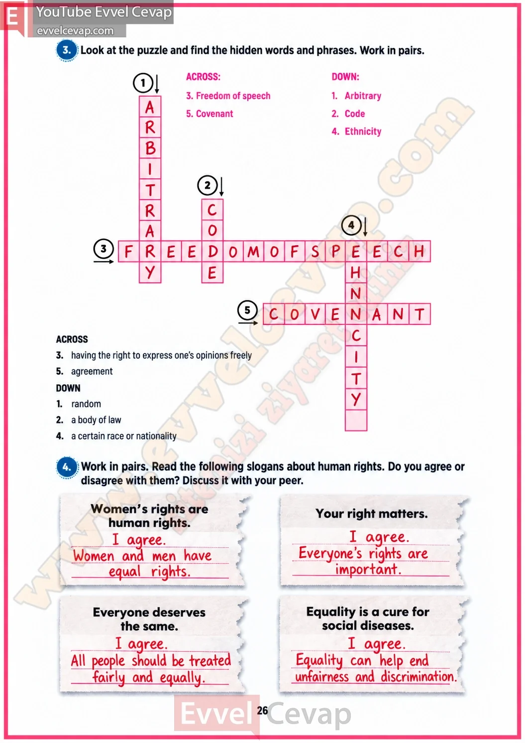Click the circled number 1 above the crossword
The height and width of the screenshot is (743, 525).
[143, 83]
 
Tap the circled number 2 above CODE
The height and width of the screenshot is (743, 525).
[208, 185]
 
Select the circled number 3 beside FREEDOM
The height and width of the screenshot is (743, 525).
[104, 249]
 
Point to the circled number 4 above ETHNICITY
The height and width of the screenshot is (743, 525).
[351, 226]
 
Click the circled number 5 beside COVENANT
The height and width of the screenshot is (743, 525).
[247, 310]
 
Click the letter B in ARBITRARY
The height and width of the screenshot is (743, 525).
[150, 149]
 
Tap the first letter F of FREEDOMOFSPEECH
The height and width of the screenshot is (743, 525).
[128, 252]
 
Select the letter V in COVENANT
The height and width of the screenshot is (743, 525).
[315, 314]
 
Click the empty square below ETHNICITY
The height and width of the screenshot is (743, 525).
[356, 420]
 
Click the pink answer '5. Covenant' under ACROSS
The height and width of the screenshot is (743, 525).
[210, 114]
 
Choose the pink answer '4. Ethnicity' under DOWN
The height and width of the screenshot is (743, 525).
[356, 132]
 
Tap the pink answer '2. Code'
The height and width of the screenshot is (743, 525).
[348, 114]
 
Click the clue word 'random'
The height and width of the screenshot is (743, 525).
[86, 404]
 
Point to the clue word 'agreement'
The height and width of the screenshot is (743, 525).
[92, 371]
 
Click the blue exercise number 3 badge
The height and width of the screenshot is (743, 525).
[67, 50]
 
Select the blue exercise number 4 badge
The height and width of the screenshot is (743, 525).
[67, 467]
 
